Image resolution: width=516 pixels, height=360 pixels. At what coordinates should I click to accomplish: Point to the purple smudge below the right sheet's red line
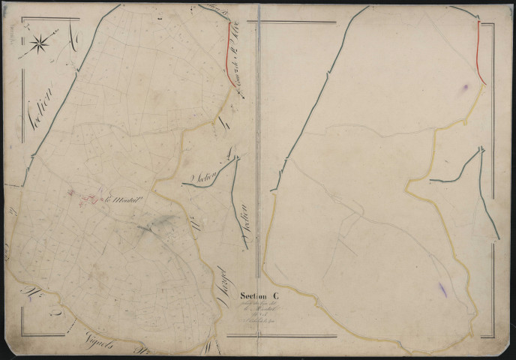[x=464, y=89]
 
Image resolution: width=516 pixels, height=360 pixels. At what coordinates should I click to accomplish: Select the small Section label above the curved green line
[x=204, y=177]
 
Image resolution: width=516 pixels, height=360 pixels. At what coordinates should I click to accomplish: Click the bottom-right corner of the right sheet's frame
[x=493, y=337]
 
